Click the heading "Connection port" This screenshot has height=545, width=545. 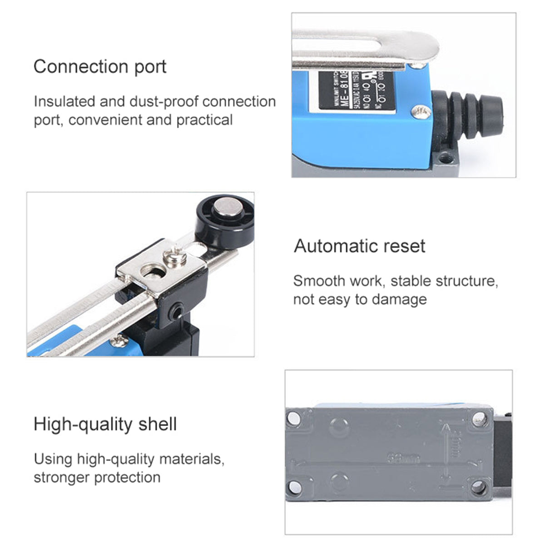(x=100, y=67)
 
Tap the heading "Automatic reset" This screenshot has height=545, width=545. (x=359, y=246)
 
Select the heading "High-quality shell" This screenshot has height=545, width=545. (x=105, y=424)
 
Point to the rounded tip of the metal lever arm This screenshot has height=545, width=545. (x=429, y=45)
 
